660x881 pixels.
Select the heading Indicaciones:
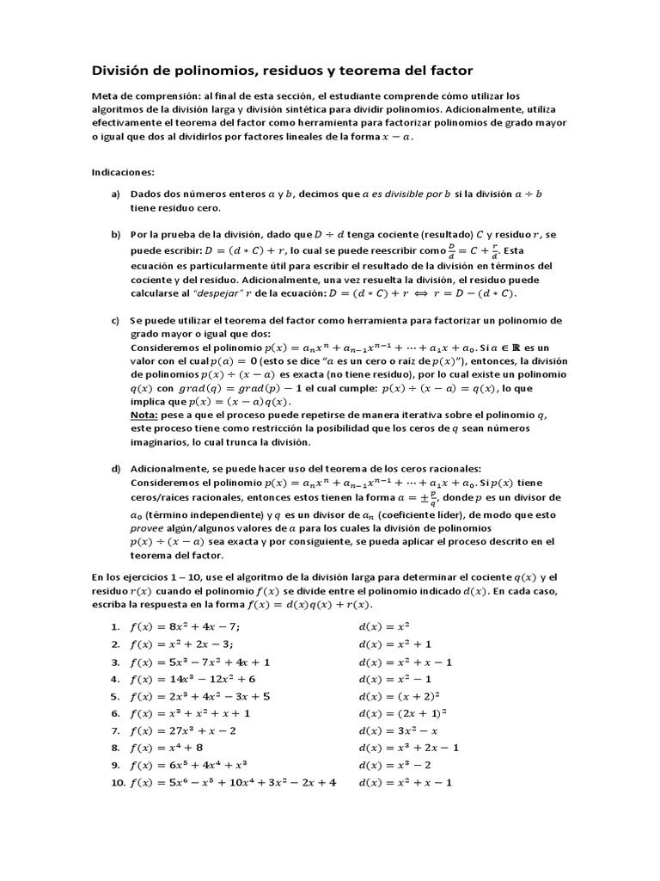pos(122,171)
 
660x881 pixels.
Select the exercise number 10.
pos(118,782)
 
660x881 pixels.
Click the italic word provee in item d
pos(145,526)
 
